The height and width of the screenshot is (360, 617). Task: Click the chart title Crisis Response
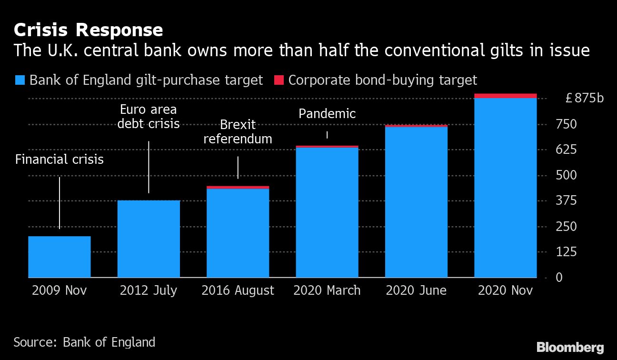89,30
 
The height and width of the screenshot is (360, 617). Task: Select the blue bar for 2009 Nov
60,257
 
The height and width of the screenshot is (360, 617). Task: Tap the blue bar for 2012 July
149,239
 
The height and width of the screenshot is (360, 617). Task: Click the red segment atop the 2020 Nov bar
505,96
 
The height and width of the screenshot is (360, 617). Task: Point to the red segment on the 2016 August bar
238,188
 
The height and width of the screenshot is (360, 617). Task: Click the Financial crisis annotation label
60,160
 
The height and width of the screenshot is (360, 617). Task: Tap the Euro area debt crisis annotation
149,117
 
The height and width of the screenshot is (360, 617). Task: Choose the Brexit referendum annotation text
238,132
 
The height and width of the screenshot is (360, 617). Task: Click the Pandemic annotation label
327,114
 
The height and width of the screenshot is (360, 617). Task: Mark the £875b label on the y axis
584,99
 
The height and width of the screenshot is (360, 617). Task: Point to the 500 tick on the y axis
566,175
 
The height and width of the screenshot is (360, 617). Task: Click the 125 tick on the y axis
566,251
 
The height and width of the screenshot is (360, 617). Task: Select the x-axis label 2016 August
238,290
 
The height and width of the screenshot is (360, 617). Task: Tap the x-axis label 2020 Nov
505,290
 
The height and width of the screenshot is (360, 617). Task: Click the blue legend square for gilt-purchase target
20,80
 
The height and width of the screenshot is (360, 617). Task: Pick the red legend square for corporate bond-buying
279,80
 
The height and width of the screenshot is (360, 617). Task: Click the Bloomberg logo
570,347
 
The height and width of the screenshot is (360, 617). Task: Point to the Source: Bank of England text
84,342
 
